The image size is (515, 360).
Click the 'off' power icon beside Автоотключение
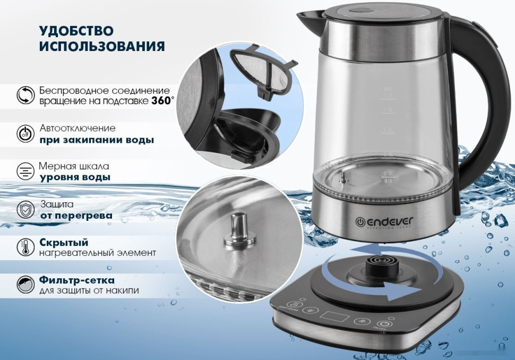(25, 134)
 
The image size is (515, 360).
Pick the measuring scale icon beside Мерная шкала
(25, 171)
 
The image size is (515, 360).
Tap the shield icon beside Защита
(25, 209)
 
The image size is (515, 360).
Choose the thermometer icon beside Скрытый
(25, 247)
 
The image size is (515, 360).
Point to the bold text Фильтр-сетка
(76, 279)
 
